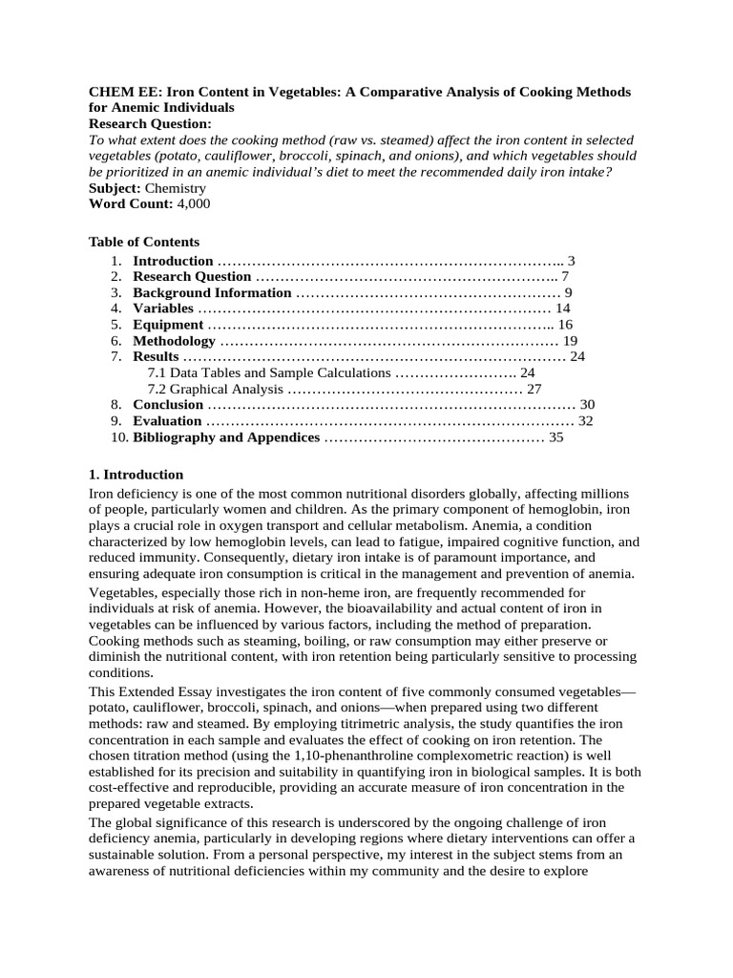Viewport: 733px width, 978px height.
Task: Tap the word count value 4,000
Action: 193,203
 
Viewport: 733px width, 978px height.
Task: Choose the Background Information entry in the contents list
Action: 211,292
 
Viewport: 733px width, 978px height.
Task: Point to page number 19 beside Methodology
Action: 571,341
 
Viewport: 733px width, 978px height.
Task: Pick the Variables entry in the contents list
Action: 162,308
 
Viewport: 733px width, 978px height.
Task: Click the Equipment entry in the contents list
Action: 167,325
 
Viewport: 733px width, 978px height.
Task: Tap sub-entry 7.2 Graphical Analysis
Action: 215,390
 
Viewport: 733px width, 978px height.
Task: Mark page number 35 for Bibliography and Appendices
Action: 556,437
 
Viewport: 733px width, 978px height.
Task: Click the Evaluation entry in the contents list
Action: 167,421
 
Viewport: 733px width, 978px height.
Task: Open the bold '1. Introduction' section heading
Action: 136,475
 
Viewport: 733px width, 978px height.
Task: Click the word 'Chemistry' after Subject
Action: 175,188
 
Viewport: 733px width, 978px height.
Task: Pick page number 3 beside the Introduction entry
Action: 571,261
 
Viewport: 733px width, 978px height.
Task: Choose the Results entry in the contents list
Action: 155,357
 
